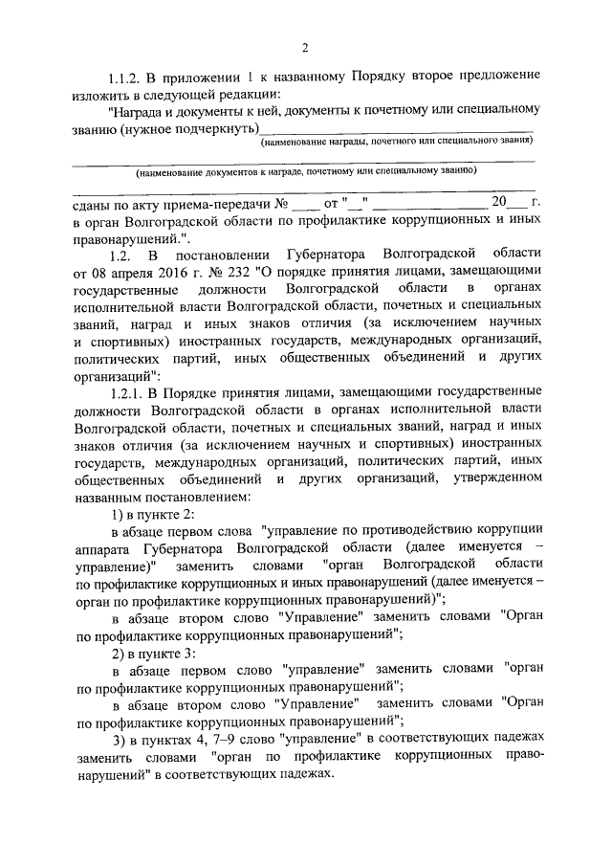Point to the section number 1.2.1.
[x=134, y=391]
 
